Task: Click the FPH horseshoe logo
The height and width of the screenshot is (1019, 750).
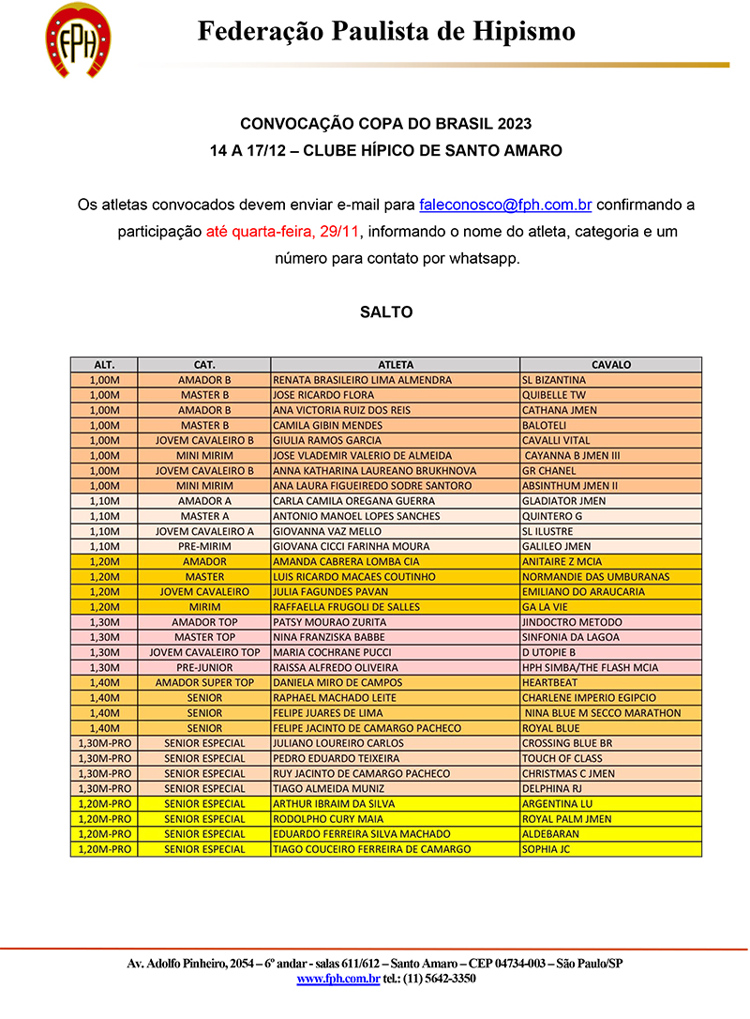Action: [x=78, y=39]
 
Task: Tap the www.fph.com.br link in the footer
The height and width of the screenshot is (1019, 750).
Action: [x=338, y=979]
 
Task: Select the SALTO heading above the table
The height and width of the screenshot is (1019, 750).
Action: [x=386, y=312]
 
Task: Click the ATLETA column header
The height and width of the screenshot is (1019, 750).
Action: [x=395, y=365]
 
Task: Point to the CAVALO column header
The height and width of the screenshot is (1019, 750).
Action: [x=610, y=365]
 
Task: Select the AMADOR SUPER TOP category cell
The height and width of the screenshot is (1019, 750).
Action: [x=204, y=683]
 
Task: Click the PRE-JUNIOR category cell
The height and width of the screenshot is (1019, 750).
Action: [x=204, y=668]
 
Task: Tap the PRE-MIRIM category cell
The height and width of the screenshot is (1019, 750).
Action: [x=204, y=546]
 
